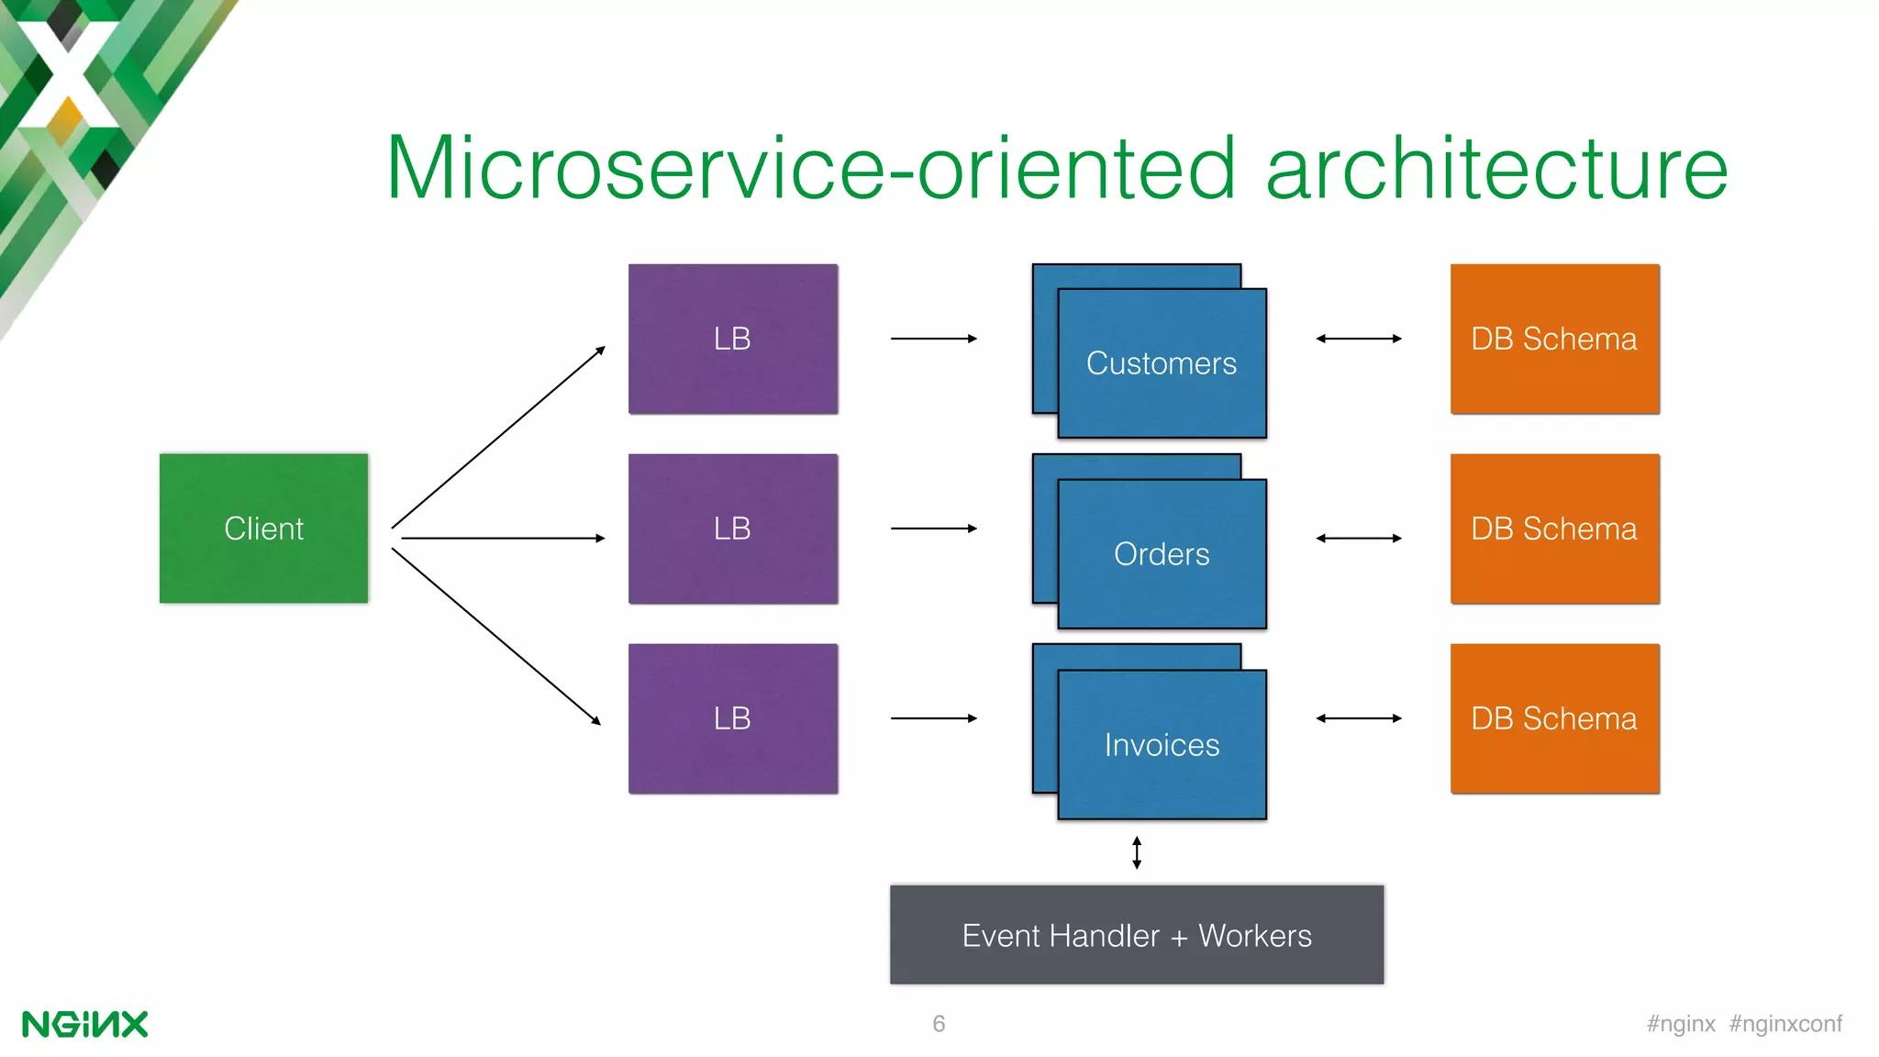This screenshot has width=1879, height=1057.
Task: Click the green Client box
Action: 263,528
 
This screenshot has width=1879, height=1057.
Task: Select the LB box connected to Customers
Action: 732,339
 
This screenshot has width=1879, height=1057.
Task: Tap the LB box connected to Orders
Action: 732,528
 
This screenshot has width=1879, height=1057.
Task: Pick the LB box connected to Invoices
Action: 732,718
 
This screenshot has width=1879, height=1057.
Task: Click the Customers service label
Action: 1161,363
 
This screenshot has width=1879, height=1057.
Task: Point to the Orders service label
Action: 1161,554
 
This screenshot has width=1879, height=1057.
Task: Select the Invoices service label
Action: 1161,745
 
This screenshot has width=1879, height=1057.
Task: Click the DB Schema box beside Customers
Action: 1554,339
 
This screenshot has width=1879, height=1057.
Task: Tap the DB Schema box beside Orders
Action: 1554,528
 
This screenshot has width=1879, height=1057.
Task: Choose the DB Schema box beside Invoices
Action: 1554,718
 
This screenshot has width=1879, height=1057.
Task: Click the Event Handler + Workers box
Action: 1136,935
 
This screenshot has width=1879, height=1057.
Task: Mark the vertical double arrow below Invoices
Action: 1137,852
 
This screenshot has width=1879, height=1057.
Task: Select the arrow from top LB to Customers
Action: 933,339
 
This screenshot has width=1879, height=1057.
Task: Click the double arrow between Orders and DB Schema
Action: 1359,539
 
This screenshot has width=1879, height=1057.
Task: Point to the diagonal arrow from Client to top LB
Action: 498,438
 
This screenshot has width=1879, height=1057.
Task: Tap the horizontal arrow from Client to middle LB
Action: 503,539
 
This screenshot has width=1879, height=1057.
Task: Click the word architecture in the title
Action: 1496,168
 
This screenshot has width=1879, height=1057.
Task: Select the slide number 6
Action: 939,1024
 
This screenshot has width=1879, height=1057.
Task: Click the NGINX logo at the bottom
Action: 84,1024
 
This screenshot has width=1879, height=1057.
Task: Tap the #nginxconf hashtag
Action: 1785,1024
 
